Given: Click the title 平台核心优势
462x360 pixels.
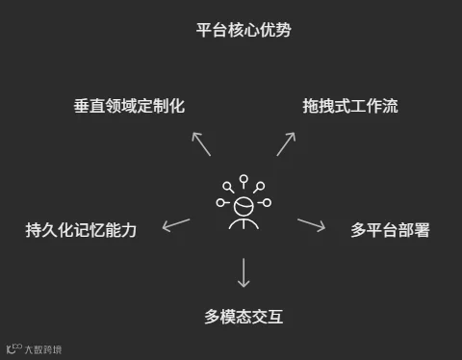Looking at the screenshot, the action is pos(243,30).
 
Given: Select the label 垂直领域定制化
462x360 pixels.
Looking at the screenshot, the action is pos(128,107).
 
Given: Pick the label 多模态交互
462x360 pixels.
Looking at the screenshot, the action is pos(244,315).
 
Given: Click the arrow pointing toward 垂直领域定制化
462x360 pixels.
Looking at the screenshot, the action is pos(200,143).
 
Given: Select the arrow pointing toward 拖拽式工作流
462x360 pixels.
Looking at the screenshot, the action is pos(285,143).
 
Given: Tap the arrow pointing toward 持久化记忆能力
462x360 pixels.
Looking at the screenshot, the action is pos(176,225).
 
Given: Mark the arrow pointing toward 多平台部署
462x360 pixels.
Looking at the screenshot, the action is pos(311,224).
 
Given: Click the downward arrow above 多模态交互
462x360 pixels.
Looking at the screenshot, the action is pos(244,272).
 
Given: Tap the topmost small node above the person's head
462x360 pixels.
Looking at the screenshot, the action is pos(244,179).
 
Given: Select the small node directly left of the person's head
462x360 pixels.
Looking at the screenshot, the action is pos(221,203).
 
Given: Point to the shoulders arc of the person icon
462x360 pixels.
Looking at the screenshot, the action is pos(244,223).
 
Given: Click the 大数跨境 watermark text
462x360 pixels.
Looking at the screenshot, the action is pos(45,348).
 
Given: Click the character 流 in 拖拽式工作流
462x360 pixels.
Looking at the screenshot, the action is pos(388,107).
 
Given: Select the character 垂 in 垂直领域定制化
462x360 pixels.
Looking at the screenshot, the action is pos(83,107).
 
